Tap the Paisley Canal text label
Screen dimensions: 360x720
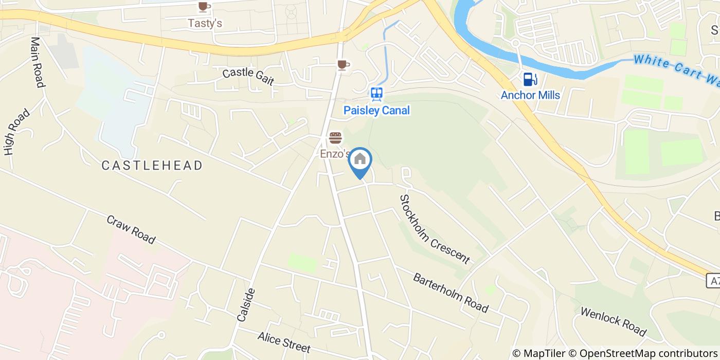[x=376, y=110]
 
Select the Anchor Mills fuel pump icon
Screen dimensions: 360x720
[x=530, y=80]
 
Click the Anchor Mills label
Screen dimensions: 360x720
[x=530, y=95]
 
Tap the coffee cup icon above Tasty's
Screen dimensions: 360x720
[x=204, y=7]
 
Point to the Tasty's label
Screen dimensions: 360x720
[x=204, y=23]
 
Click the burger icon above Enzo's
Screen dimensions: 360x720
[x=335, y=138]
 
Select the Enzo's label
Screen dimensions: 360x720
[x=334, y=154]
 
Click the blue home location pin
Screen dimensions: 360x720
[x=360, y=160]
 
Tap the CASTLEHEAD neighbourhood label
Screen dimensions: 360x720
[x=152, y=166]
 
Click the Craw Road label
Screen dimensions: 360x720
[x=131, y=229]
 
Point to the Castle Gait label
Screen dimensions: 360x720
[x=248, y=77]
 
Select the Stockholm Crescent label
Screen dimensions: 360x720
[x=435, y=229]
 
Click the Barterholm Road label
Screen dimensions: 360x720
[x=451, y=292]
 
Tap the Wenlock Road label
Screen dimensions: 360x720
[x=613, y=321]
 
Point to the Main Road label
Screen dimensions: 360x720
[x=38, y=62]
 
